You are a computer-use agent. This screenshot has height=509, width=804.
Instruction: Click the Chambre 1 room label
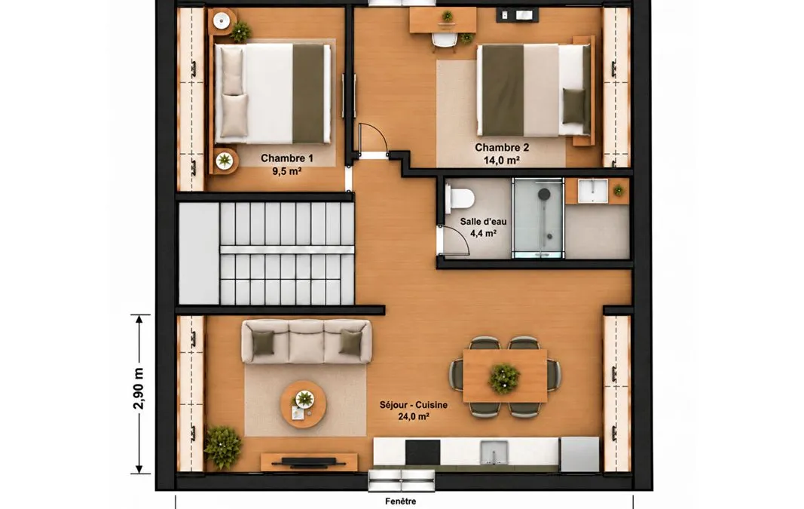coord(286,158)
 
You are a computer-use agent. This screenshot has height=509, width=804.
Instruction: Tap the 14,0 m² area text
coord(502,160)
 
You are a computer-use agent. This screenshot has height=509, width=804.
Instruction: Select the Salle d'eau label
coord(483,222)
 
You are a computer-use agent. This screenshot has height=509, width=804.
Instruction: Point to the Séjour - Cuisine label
coord(413,405)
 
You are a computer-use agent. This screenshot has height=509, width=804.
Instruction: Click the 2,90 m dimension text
coord(139,388)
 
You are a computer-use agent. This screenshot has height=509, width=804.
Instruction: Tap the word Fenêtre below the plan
coord(400,501)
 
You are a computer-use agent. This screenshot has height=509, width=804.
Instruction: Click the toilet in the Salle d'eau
coord(460,198)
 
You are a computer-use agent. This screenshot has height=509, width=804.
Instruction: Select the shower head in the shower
coord(543,194)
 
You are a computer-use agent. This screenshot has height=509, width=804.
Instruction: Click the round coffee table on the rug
coord(303,404)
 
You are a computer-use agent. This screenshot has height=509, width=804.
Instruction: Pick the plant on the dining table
coord(503,378)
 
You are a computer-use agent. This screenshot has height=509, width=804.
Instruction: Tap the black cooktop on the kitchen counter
coord(423,452)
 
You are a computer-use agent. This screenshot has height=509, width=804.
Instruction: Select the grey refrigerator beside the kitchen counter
coord(579,454)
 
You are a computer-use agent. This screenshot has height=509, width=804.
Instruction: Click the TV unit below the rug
coord(309,461)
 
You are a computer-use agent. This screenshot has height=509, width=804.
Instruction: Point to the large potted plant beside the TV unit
coord(223,446)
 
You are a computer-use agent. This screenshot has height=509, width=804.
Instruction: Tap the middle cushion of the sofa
coord(307,342)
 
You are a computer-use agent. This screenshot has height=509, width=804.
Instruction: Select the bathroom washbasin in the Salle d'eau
coord(592,191)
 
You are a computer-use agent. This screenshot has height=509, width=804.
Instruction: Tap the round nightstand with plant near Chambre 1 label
coord(224,161)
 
